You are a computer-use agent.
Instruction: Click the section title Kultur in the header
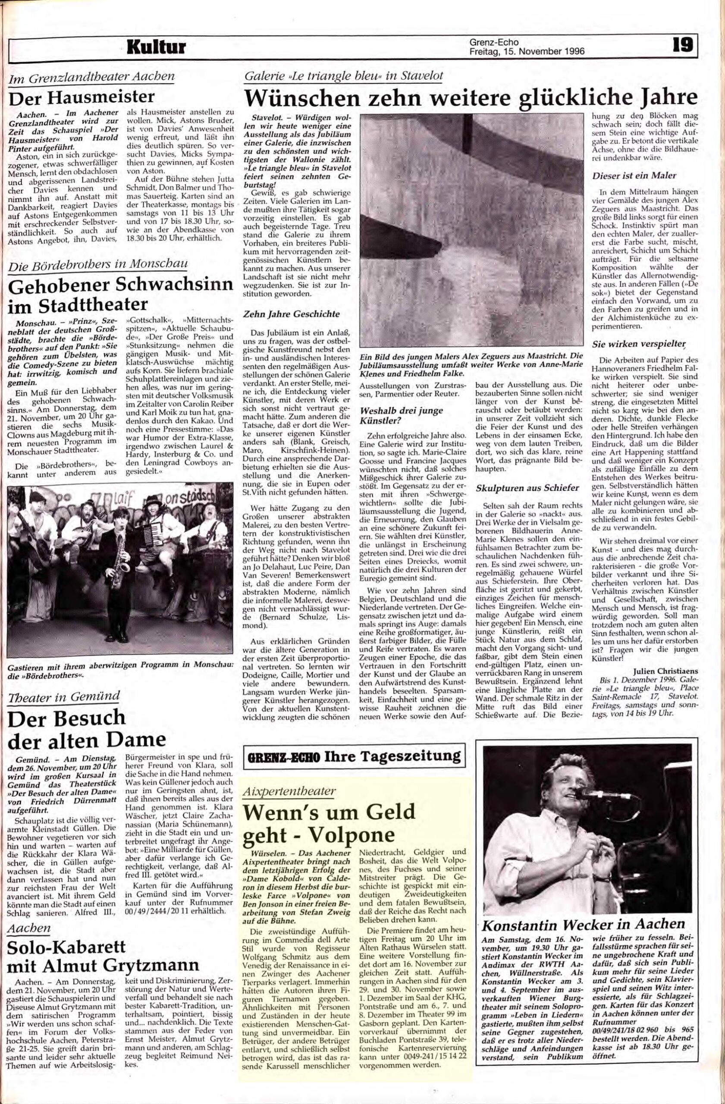click(x=156, y=47)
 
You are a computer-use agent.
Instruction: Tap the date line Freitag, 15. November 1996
click(x=527, y=51)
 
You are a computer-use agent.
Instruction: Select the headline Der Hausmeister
click(x=82, y=97)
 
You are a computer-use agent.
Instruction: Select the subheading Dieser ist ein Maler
click(x=634, y=176)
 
